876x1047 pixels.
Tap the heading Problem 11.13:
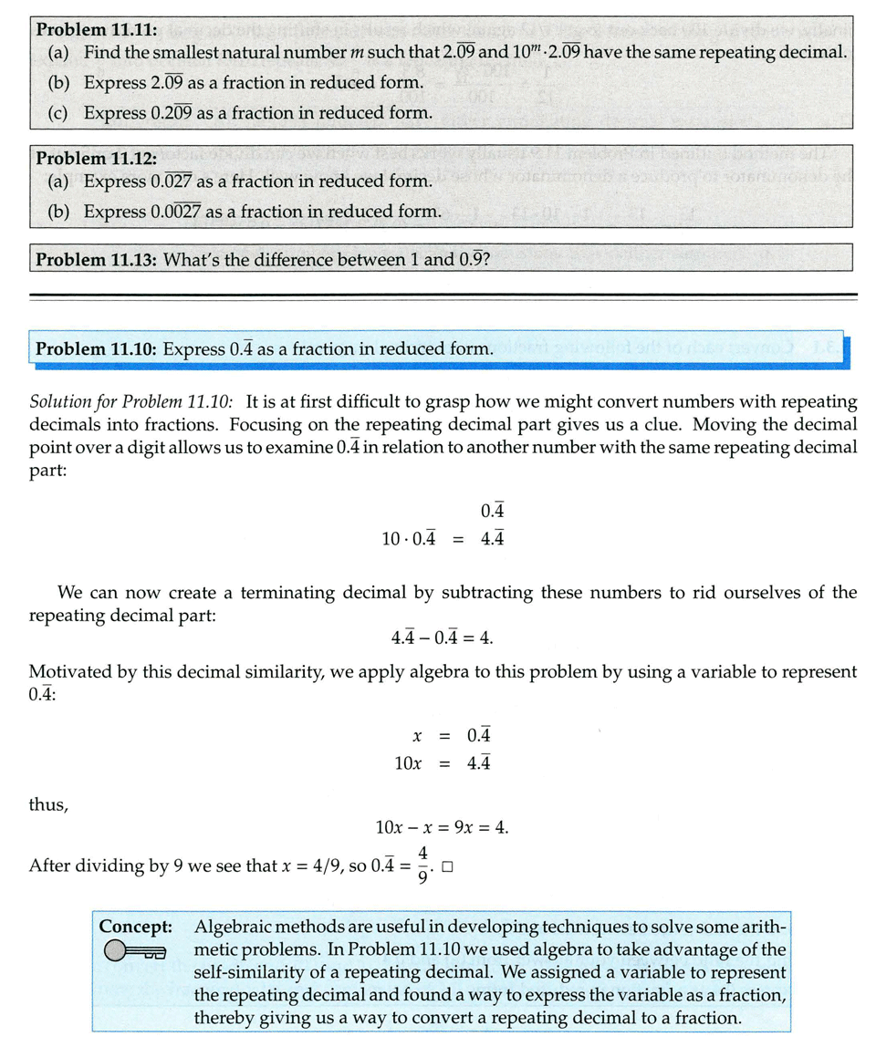click(x=97, y=260)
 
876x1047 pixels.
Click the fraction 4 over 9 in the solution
click(x=423, y=866)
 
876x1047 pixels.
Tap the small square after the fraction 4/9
click(x=447, y=867)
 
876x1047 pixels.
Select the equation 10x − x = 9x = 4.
click(x=442, y=828)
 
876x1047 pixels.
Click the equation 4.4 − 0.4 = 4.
click(x=442, y=637)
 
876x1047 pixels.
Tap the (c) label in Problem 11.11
click(x=57, y=113)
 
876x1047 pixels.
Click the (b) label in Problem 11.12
click(x=57, y=212)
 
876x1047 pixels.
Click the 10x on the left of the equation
click(x=407, y=763)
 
